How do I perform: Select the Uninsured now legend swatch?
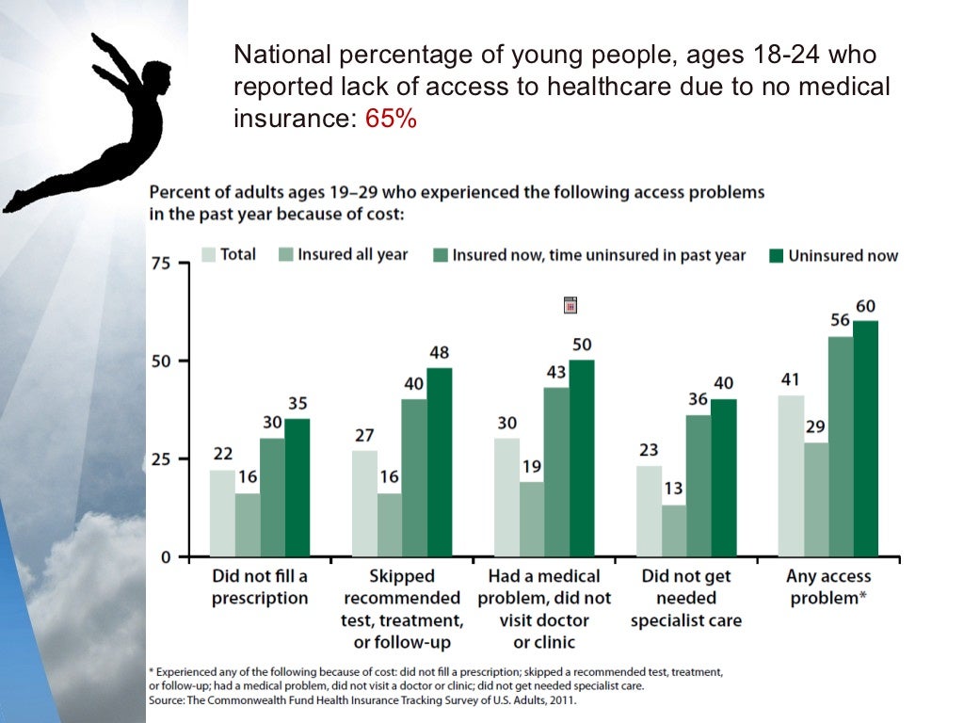point(776,255)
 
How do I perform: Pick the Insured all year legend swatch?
point(285,255)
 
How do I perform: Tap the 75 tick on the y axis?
point(161,264)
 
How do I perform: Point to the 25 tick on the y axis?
point(161,459)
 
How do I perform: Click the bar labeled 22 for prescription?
point(222,513)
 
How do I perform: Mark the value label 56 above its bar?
point(841,321)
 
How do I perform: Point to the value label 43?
point(556,372)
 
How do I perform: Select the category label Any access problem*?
point(828,586)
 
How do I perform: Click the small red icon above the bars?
point(569,305)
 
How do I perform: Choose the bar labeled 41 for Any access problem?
point(791,475)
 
